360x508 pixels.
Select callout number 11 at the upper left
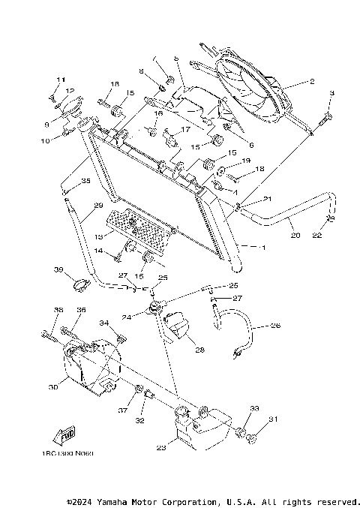click(60, 80)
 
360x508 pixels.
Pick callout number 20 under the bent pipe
click(295, 235)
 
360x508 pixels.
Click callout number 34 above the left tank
click(104, 323)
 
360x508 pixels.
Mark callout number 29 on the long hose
click(97, 204)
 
